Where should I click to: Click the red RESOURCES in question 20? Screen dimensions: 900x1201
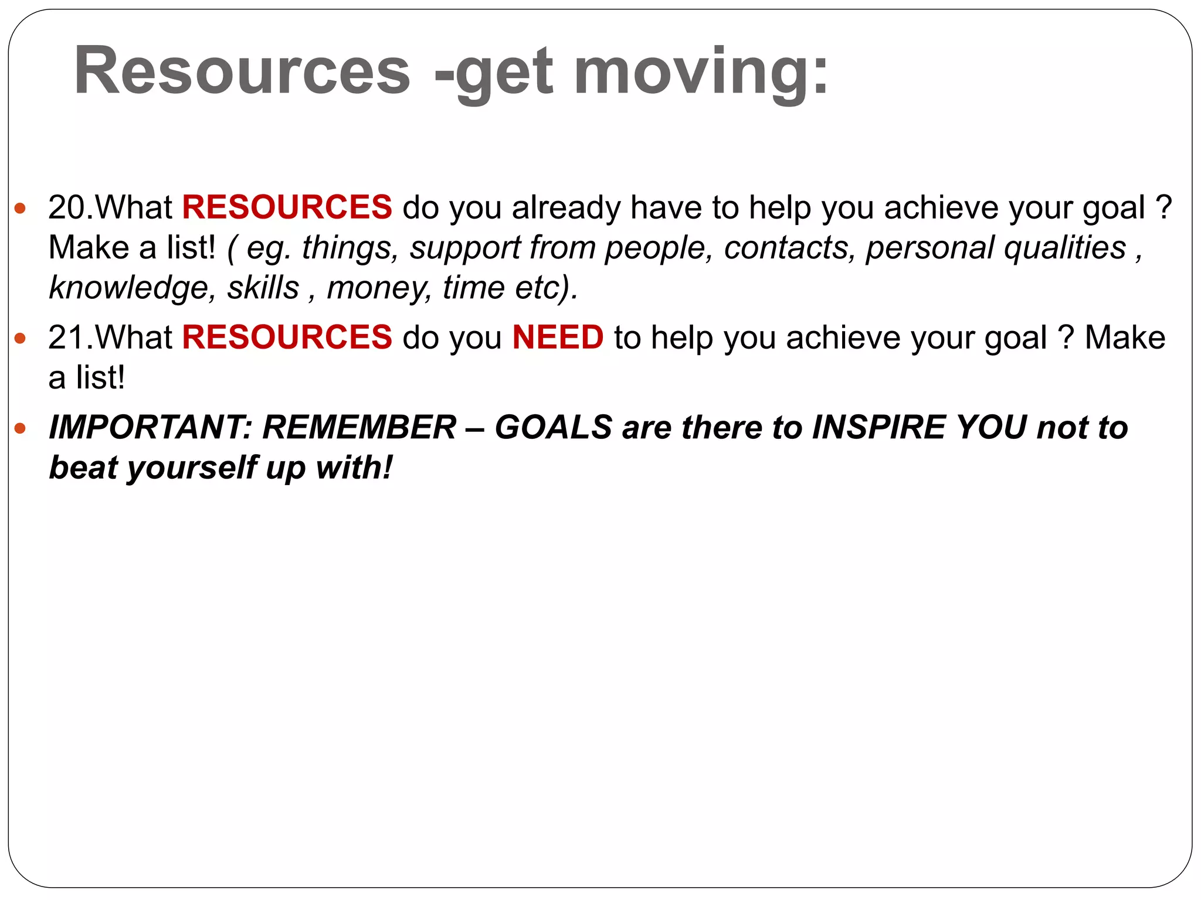[x=287, y=207]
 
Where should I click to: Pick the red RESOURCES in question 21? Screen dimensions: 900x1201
[x=287, y=337]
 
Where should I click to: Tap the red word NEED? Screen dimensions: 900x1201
[x=558, y=337]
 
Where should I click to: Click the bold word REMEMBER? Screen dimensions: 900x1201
[x=359, y=427]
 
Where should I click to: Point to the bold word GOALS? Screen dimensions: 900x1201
[x=554, y=427]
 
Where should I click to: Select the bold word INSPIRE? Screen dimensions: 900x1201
[x=878, y=427]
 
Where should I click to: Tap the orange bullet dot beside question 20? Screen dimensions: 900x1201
[x=21, y=208]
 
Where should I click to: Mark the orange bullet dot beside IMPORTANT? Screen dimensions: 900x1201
[x=21, y=428]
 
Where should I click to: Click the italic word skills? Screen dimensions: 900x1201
[x=263, y=288]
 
